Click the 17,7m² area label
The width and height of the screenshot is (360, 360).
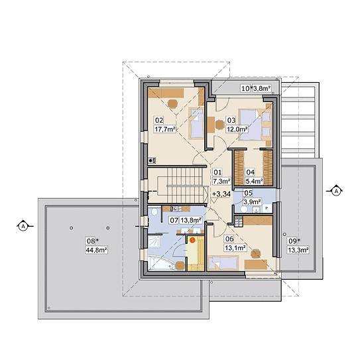point(165,129)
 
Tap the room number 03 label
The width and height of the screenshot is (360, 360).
point(231,120)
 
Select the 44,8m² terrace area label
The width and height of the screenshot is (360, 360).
point(96,250)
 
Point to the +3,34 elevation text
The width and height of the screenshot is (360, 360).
point(221,194)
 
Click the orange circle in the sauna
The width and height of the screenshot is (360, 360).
point(192,240)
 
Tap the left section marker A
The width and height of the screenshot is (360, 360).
point(23,226)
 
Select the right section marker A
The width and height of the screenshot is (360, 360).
point(336,191)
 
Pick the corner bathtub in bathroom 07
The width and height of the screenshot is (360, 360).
point(162,263)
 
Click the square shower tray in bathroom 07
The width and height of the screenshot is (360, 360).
point(154,242)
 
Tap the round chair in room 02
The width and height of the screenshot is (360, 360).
point(172,103)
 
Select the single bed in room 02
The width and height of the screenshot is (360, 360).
point(196,124)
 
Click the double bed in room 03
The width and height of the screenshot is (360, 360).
point(255,125)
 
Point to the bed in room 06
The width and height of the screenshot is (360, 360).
point(223,263)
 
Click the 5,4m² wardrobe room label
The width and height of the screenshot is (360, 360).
point(254,182)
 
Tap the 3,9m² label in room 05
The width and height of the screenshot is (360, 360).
point(252,202)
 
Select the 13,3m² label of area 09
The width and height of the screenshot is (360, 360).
point(298,250)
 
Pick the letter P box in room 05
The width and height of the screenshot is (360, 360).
point(267,208)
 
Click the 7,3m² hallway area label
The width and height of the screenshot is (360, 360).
point(221,181)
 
